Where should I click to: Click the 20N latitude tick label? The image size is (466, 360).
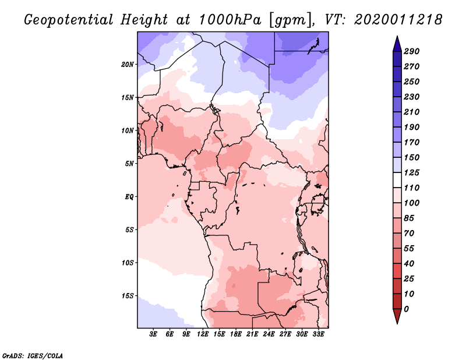[128, 65]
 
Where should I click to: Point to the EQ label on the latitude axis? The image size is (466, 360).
[129, 197]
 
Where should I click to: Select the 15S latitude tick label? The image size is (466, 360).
[128, 296]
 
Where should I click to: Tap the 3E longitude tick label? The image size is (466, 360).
[153, 334]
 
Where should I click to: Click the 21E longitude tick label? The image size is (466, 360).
[252, 334]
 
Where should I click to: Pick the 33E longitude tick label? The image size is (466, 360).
[318, 334]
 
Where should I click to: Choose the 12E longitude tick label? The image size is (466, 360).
[202, 334]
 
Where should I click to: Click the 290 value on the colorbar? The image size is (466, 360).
[412, 51]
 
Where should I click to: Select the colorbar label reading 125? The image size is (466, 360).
[412, 172]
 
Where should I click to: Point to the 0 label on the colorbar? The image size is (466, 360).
[406, 309]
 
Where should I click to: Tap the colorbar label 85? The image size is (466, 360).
[409, 218]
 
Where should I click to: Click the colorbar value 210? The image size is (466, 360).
[412, 112]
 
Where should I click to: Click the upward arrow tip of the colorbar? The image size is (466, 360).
[397, 37]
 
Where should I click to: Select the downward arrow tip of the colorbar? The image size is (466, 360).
[397, 323]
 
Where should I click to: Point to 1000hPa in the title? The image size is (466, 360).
[230, 20]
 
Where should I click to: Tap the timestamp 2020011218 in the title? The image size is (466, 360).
[398, 20]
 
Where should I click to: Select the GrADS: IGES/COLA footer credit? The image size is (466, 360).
[33, 356]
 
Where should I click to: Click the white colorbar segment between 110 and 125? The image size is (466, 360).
[397, 180]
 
